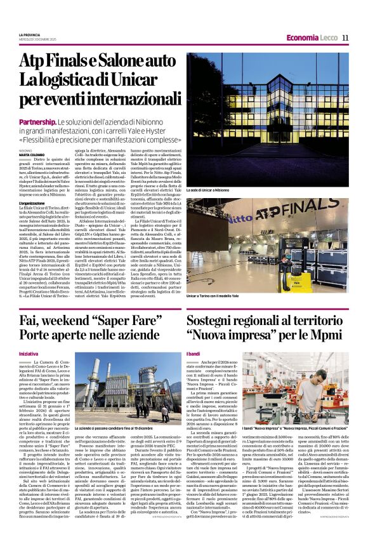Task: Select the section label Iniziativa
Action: pyautogui.click(x=28, y=353)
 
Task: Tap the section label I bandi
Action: pyautogui.click(x=193, y=353)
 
